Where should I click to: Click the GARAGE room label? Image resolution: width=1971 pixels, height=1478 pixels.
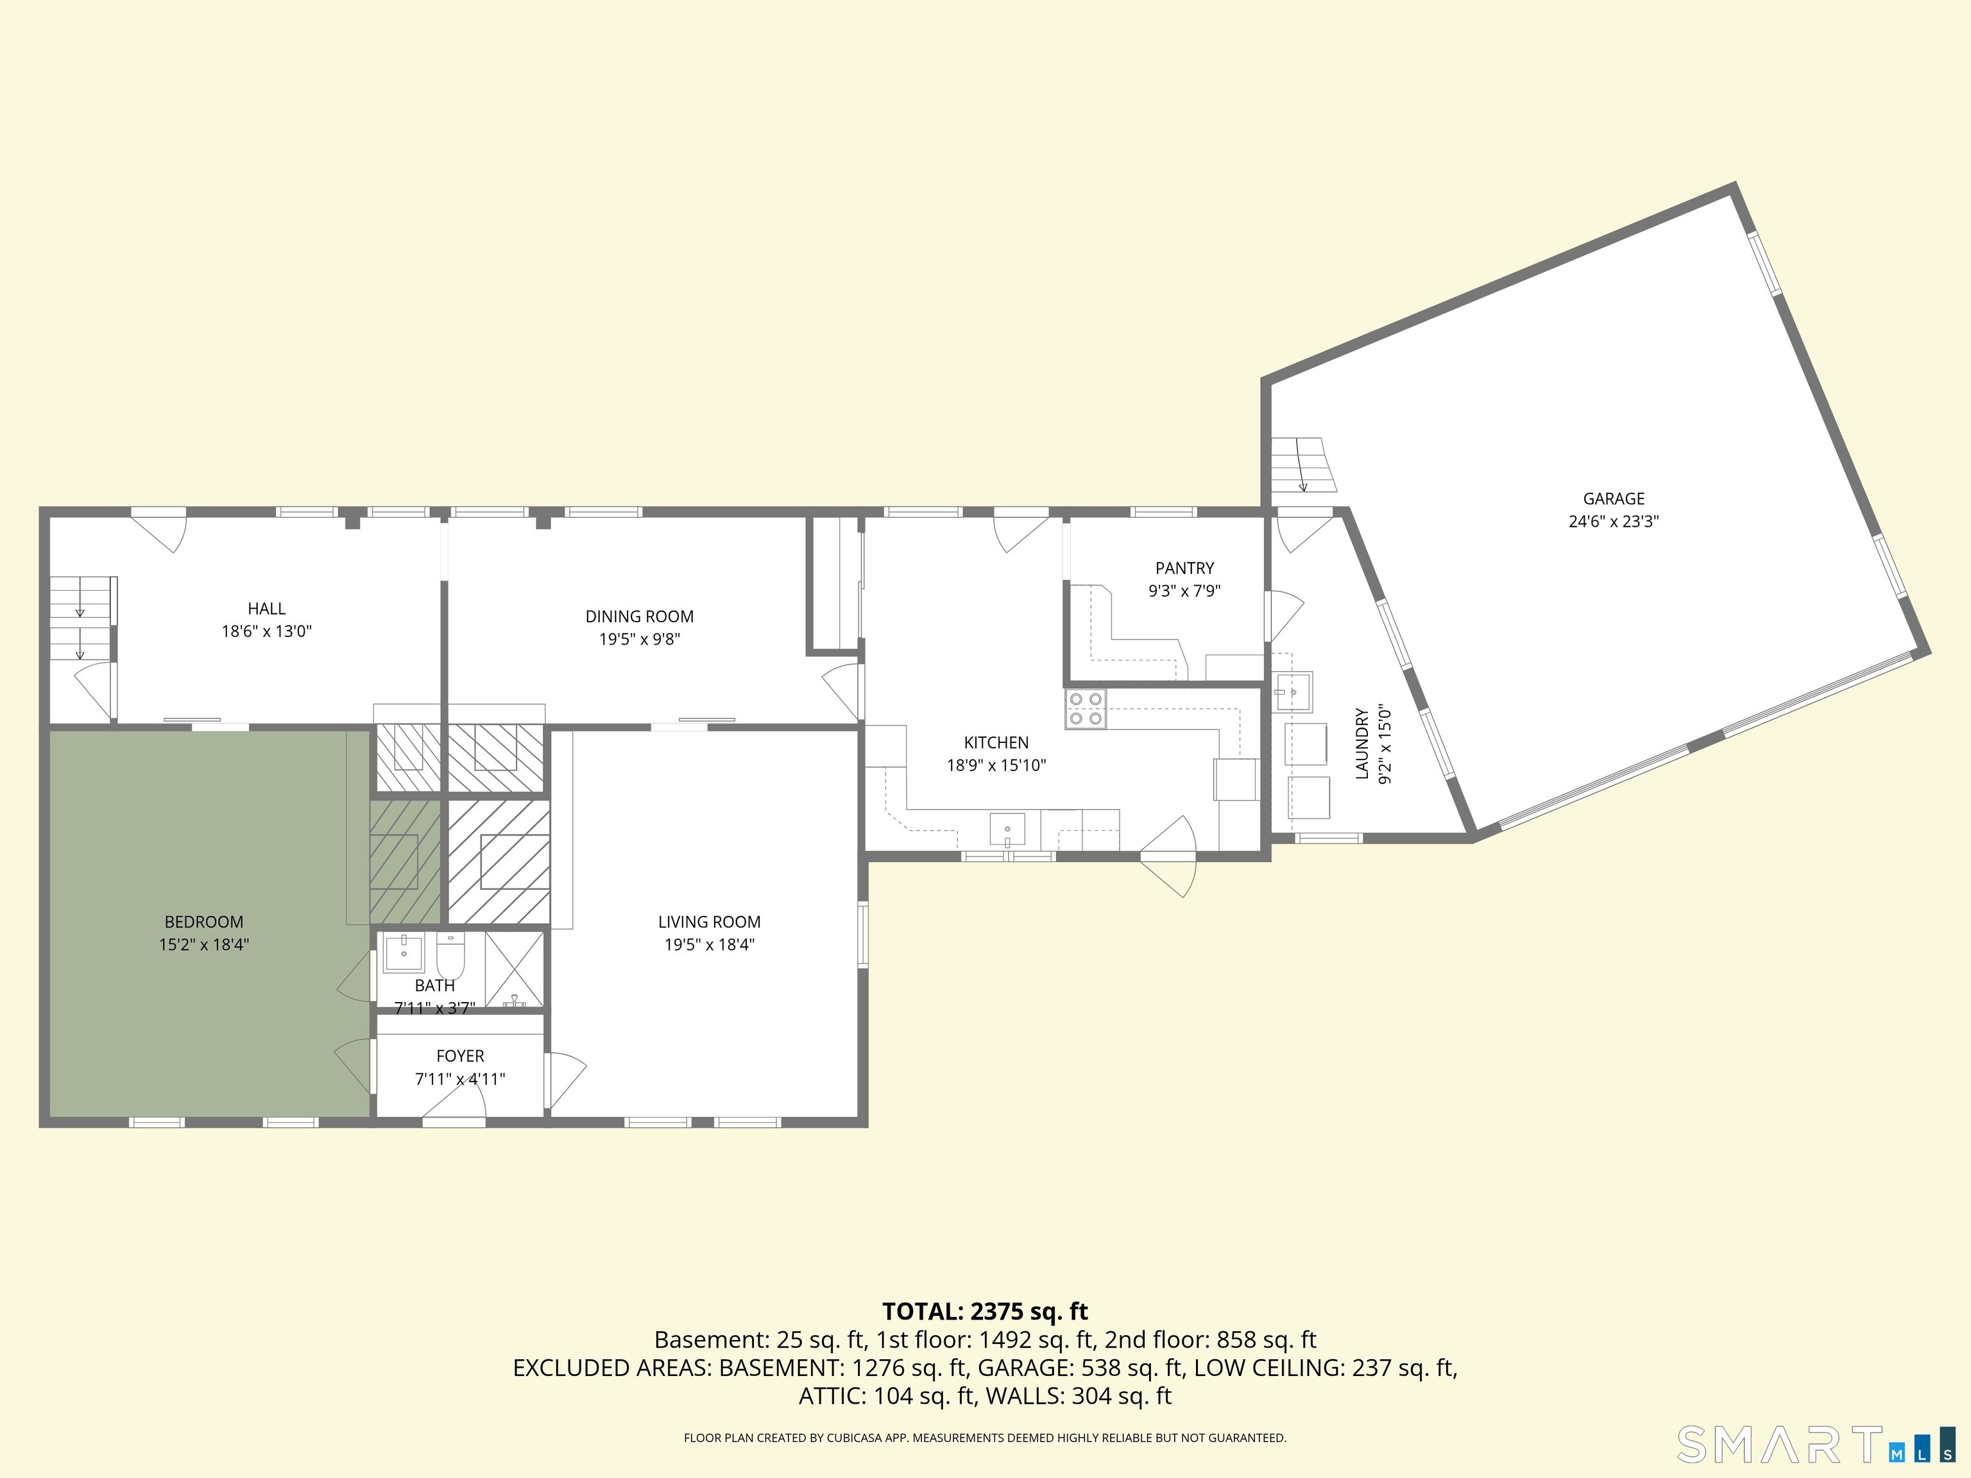tap(1614, 499)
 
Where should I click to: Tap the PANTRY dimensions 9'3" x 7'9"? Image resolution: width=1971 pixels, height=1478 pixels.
tap(1184, 591)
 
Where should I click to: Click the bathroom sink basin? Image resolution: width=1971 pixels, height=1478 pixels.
tap(404, 953)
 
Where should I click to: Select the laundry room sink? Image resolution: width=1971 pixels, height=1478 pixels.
tap(1293, 692)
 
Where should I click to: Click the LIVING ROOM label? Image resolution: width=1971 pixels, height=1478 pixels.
tap(709, 922)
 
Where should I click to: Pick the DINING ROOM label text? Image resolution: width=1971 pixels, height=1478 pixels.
tap(639, 616)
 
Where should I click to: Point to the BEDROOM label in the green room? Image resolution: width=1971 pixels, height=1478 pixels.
tap(204, 922)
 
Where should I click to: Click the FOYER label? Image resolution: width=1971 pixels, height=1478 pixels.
tap(460, 1056)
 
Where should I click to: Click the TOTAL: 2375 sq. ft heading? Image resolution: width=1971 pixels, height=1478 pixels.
tap(985, 1311)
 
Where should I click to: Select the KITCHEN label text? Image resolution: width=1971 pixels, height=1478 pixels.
tap(996, 743)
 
